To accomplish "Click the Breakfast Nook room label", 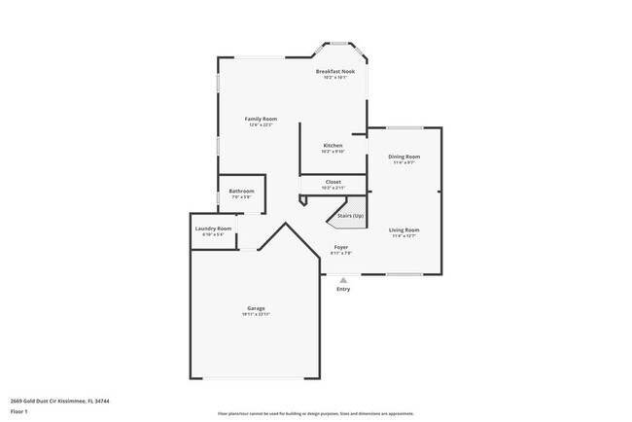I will (x=335, y=72).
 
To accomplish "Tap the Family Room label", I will (x=261, y=119).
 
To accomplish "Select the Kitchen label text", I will (x=334, y=145).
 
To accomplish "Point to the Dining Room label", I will (x=404, y=157).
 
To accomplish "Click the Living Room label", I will (x=404, y=229).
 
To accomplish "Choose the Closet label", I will (x=334, y=181).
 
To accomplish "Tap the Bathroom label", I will (x=241, y=191).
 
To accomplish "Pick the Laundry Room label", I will (x=213, y=229).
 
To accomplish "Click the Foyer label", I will (x=341, y=247).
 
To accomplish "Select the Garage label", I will (x=256, y=308).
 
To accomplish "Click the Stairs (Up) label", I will (x=350, y=215).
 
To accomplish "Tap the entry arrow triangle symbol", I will (x=343, y=280).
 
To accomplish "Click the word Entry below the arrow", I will (x=343, y=289).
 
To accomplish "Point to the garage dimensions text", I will (x=256, y=315).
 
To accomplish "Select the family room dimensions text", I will (x=261, y=124).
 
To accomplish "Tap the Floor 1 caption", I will (x=19, y=411).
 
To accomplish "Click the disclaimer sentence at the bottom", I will (x=315, y=413).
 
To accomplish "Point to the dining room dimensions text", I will (x=404, y=162).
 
